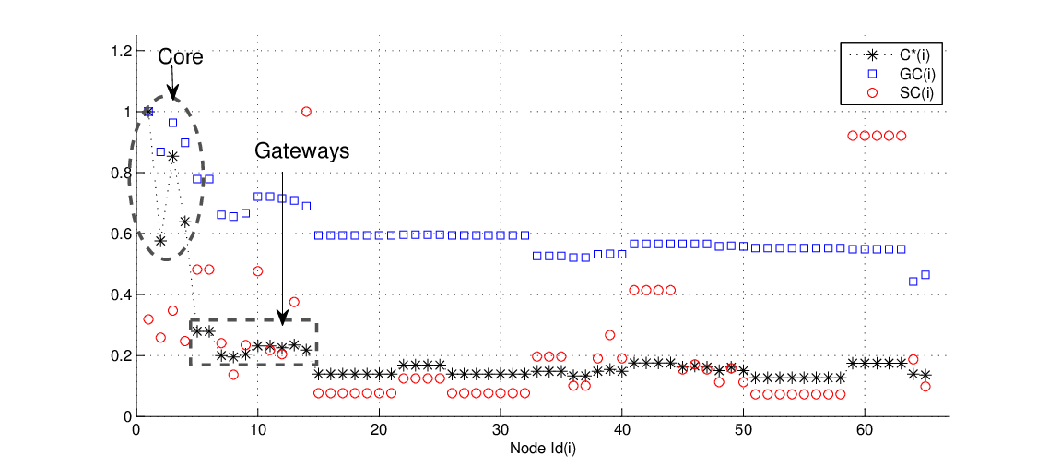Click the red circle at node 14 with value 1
[x=306, y=112]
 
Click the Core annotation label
[x=180, y=57]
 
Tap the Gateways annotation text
[x=301, y=151]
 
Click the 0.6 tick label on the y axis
[x=124, y=234]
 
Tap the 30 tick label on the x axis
[x=501, y=429]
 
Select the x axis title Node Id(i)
[x=543, y=448]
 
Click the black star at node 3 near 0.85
[x=172, y=157]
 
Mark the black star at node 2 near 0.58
[x=160, y=240]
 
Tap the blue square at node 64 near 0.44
[x=913, y=282]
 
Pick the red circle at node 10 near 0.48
[x=257, y=271]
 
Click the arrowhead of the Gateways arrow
[x=282, y=320]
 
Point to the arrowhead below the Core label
[x=172, y=95]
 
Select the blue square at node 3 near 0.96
[x=172, y=123]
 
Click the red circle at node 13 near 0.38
[x=294, y=302]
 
